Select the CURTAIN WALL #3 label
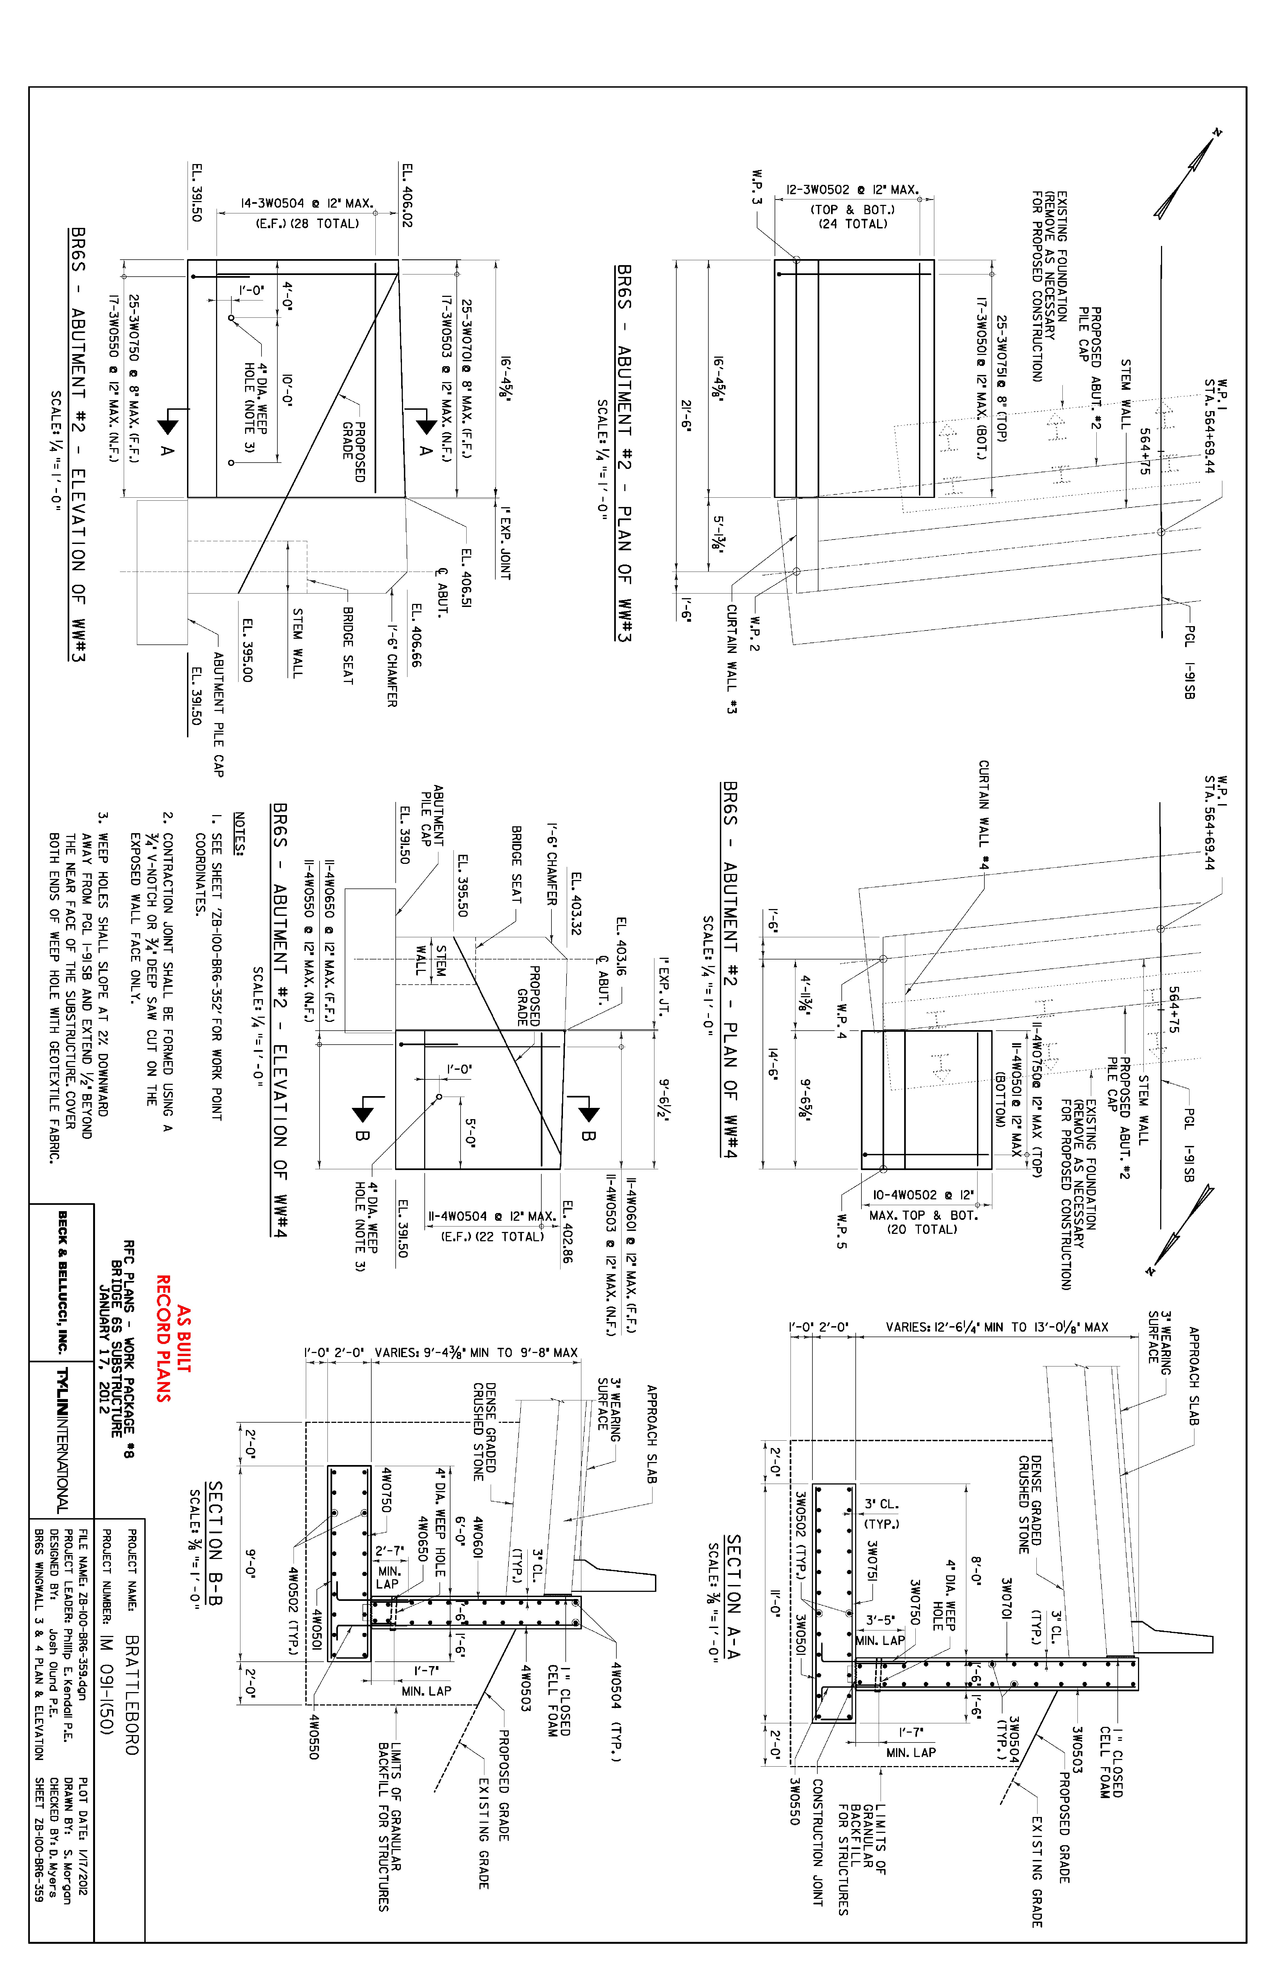(x=732, y=659)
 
